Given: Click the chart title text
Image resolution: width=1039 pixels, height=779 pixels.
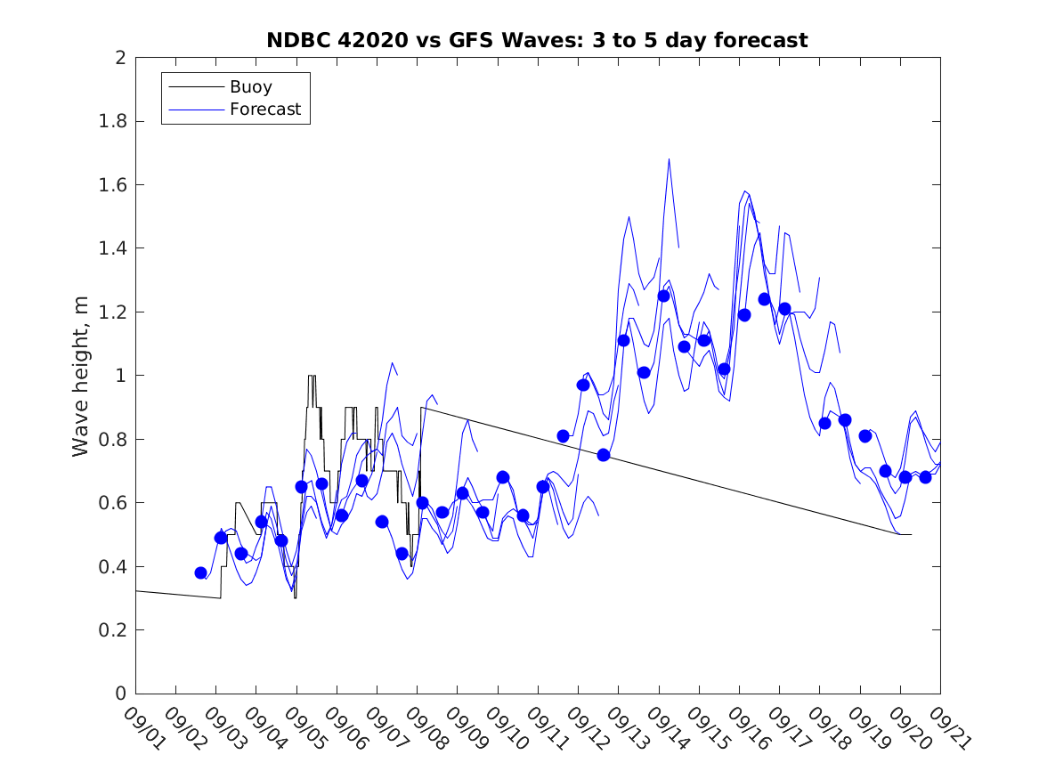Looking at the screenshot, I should (537, 40).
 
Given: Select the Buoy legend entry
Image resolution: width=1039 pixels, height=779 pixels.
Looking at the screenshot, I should (250, 87).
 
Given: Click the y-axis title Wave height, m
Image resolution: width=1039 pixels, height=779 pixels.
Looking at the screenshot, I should (81, 377).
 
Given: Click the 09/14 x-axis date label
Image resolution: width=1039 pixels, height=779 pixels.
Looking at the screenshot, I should (665, 728).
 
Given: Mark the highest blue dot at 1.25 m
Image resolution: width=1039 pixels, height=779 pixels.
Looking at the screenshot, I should (663, 296).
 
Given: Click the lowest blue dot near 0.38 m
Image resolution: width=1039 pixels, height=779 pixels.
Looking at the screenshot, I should (201, 572).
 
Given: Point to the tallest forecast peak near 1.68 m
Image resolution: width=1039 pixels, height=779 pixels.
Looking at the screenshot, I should (669, 159).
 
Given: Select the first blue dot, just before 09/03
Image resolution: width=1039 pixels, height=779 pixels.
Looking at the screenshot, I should (201, 572).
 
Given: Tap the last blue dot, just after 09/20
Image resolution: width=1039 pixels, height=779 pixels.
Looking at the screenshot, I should (925, 477).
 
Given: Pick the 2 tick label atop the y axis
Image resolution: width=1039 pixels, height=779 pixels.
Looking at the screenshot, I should (119, 58).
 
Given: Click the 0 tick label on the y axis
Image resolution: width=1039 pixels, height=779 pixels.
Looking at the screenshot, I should (119, 694).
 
